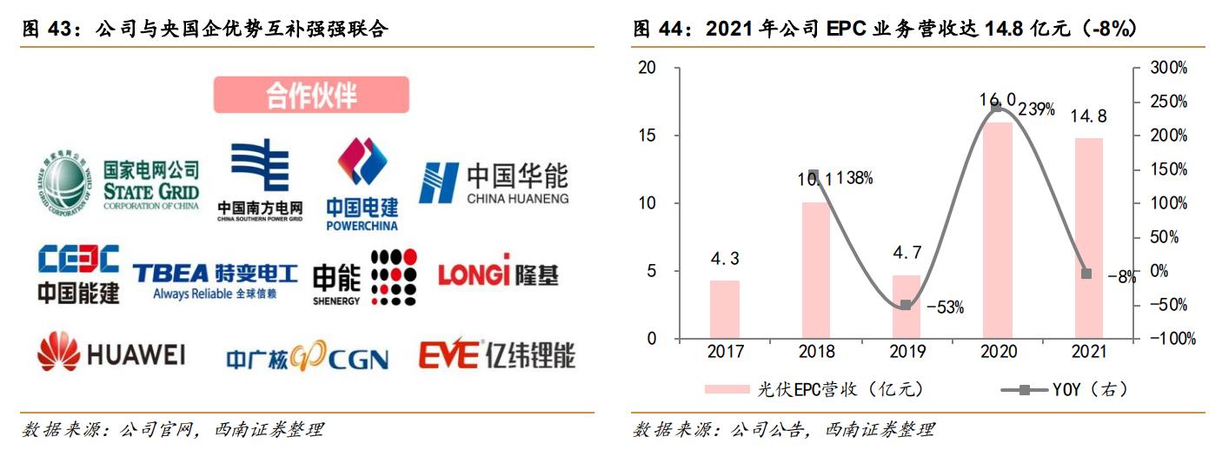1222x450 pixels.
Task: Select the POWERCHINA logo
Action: pos(362,184)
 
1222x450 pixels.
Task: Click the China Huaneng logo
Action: pos(493,182)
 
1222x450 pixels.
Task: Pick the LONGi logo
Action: pos(497,275)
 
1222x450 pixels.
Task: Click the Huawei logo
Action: pos(110,354)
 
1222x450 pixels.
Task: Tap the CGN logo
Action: pos(307,357)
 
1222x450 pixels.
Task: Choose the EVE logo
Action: pos(495,354)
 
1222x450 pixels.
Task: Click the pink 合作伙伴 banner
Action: pos(311,95)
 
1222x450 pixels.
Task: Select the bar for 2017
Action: pos(724,309)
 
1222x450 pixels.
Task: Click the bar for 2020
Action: pos(997,230)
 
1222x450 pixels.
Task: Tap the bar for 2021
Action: pos(1088,238)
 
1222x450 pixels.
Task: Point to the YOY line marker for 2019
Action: pos(906,305)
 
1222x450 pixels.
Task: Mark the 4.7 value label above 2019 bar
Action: pos(906,254)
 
